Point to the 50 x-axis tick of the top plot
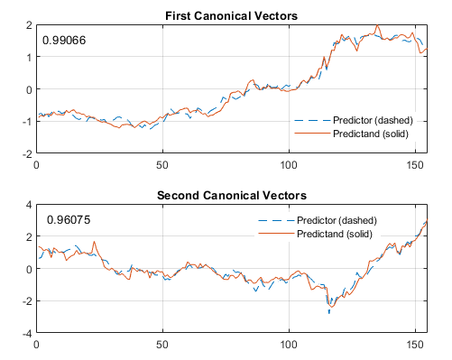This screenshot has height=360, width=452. (x=162, y=165)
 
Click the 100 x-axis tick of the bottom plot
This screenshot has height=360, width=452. (x=289, y=345)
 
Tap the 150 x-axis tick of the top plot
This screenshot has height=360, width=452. (x=415, y=165)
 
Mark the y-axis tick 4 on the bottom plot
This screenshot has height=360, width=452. (x=28, y=205)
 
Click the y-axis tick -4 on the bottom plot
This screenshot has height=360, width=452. (x=26, y=334)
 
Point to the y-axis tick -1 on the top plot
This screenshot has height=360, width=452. (x=26, y=122)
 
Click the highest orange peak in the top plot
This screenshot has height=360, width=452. (x=376, y=26)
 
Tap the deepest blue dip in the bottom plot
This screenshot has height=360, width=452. (x=329, y=312)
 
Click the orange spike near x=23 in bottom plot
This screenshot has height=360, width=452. (x=95, y=242)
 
